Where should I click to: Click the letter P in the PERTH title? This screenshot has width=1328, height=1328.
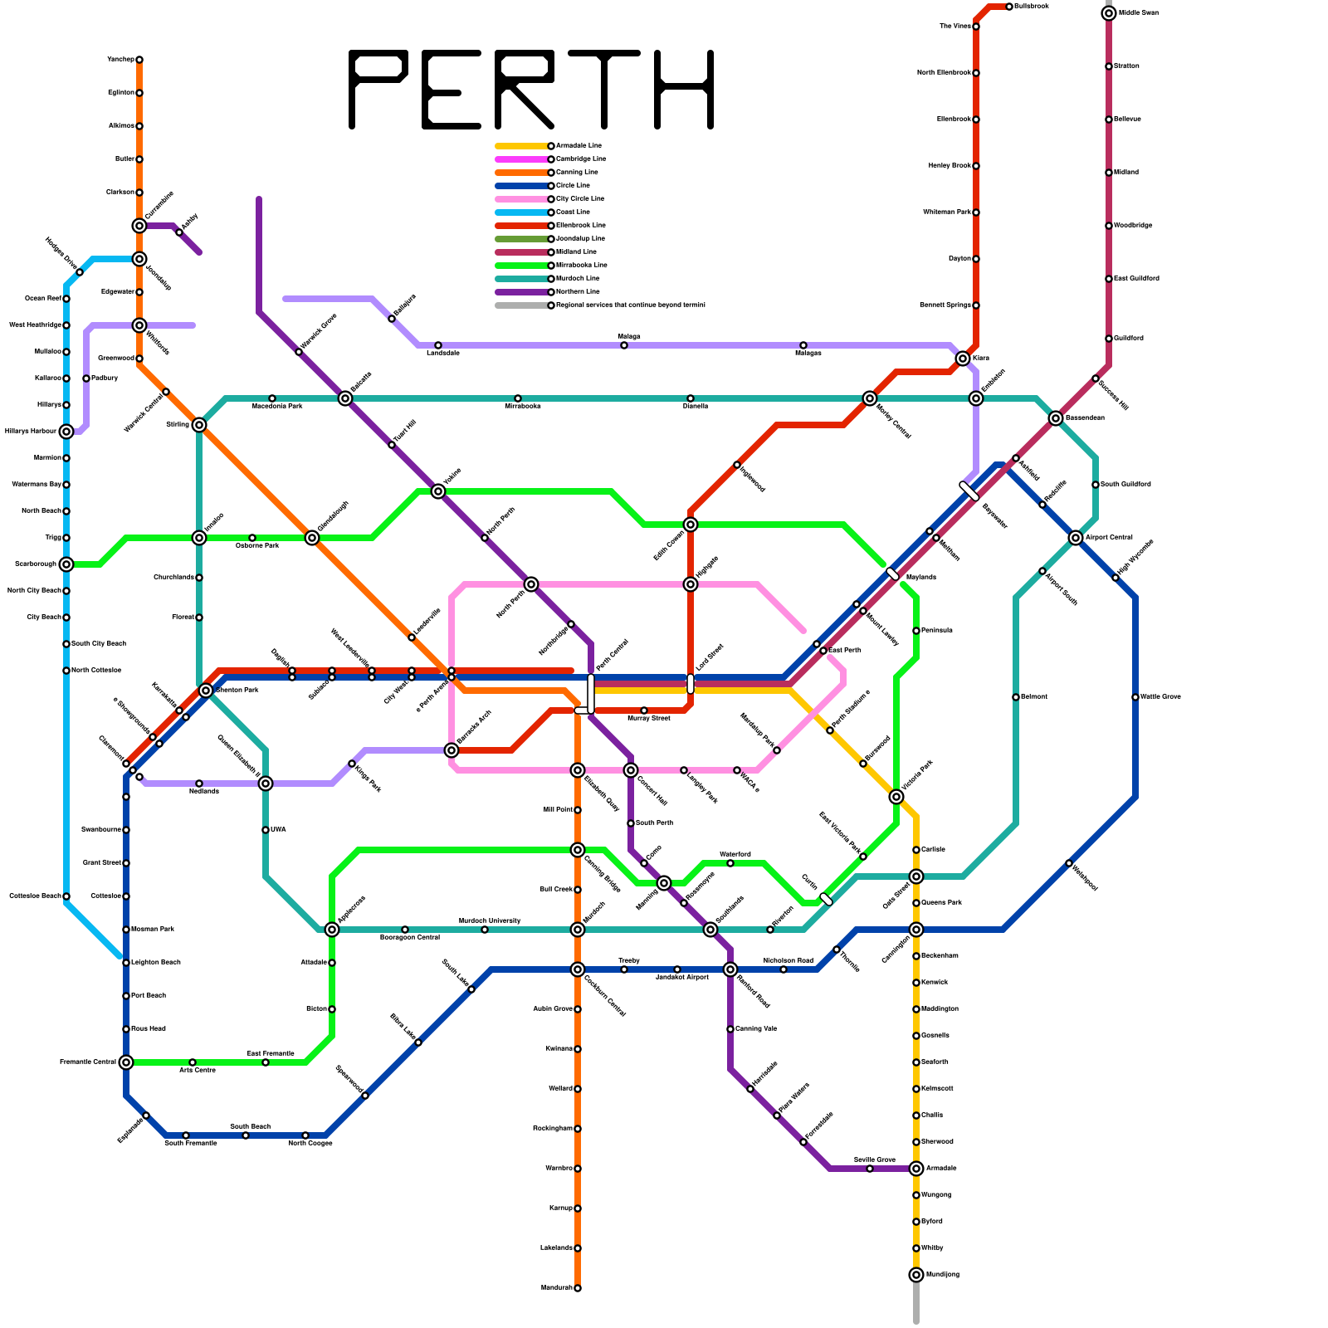(378, 89)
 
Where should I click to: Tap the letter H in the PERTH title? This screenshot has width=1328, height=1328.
(684, 89)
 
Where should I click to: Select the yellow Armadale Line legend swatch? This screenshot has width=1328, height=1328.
(521, 146)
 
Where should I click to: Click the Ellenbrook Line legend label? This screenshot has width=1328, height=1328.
(581, 226)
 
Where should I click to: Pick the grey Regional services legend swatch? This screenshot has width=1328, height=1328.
(521, 305)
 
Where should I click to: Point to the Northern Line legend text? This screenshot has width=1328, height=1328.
(578, 292)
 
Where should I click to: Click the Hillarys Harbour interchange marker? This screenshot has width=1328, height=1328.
(66, 432)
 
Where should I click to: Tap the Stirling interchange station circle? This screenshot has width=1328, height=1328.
(199, 425)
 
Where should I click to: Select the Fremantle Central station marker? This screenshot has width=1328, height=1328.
(126, 1062)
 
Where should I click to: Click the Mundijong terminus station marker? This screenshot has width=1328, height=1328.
(916, 1275)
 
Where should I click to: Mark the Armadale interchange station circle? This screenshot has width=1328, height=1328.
(916, 1169)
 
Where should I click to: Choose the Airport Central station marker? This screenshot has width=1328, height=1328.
(1076, 538)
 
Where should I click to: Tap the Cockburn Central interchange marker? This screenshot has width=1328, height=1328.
(578, 969)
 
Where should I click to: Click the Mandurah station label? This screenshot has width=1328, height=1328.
(556, 1288)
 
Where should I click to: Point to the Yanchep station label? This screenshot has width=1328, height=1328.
(120, 60)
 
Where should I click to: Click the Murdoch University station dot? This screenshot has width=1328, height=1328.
(485, 930)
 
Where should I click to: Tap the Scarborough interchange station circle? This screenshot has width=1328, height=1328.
(66, 564)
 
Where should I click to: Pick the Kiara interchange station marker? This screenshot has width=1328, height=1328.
(963, 359)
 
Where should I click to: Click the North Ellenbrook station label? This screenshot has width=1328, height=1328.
(944, 73)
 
